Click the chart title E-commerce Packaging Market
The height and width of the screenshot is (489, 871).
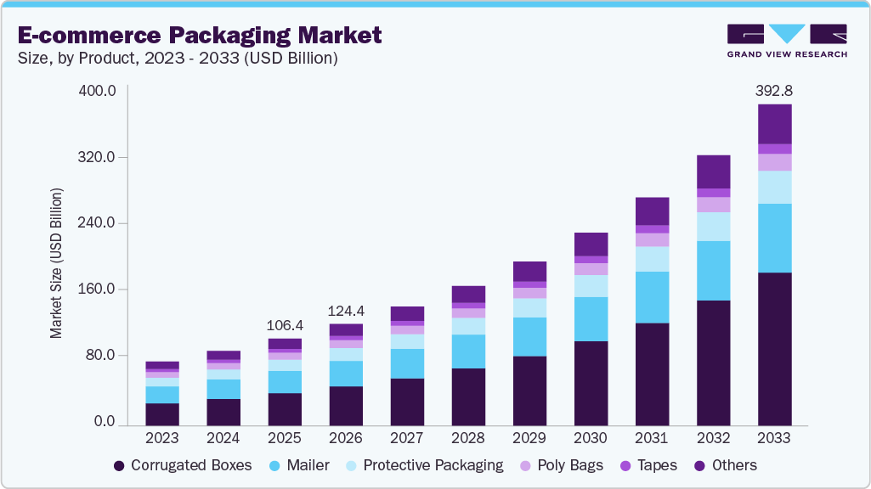click(x=200, y=35)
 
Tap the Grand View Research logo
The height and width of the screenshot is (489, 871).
click(x=786, y=41)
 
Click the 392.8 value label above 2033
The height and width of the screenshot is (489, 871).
click(x=774, y=90)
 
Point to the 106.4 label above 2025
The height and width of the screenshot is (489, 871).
click(x=286, y=325)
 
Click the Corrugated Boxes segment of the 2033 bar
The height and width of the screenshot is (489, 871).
click(x=774, y=348)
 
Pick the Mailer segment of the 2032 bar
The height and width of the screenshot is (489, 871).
click(x=713, y=270)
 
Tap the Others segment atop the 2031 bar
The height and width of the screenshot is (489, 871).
click(x=652, y=211)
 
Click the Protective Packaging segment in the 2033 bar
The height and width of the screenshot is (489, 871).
click(x=774, y=187)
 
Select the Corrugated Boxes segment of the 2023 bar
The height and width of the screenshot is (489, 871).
click(x=162, y=413)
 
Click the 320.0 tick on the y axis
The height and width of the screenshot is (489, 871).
click(x=98, y=157)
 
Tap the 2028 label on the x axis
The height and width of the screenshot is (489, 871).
click(x=468, y=438)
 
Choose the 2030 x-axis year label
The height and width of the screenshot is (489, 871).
click(x=591, y=438)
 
